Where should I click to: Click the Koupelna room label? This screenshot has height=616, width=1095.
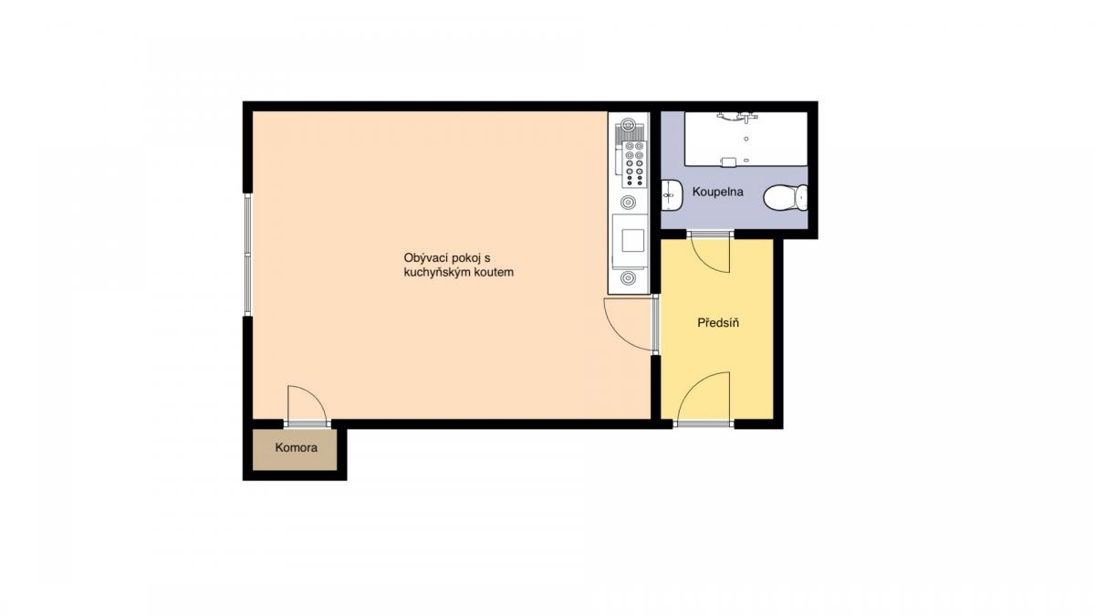click(x=717, y=192)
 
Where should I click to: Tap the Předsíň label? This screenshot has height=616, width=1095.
click(x=718, y=323)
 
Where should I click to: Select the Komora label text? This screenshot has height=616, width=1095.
click(x=297, y=447)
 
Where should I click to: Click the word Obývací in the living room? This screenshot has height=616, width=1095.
click(x=423, y=257)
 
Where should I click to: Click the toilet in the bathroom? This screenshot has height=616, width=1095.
click(x=786, y=197)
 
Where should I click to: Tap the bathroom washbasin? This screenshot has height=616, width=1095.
click(x=672, y=195)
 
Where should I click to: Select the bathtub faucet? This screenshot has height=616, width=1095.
click(x=737, y=118)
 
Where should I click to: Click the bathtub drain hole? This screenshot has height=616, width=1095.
click(x=746, y=139)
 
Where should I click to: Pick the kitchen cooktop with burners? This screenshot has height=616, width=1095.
click(x=633, y=163)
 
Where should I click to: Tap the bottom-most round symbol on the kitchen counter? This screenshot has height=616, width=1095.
click(x=628, y=278)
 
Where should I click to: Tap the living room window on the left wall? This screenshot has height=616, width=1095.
click(x=248, y=255)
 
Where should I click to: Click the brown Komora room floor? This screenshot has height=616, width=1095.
click(x=295, y=450)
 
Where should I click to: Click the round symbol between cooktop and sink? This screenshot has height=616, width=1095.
click(x=628, y=202)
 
